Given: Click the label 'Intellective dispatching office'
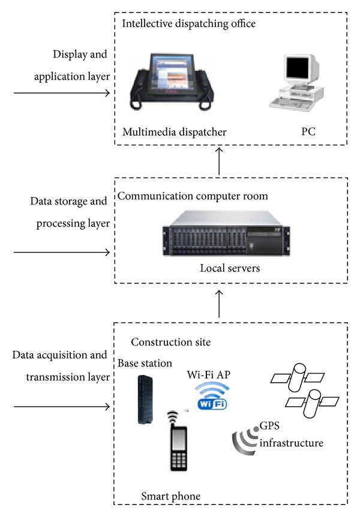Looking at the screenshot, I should coord(189,25).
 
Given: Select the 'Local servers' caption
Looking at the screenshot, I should coord(230,268).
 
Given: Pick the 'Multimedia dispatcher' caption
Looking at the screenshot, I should coord(174,132).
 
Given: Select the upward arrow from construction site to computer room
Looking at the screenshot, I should coord(220,304).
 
